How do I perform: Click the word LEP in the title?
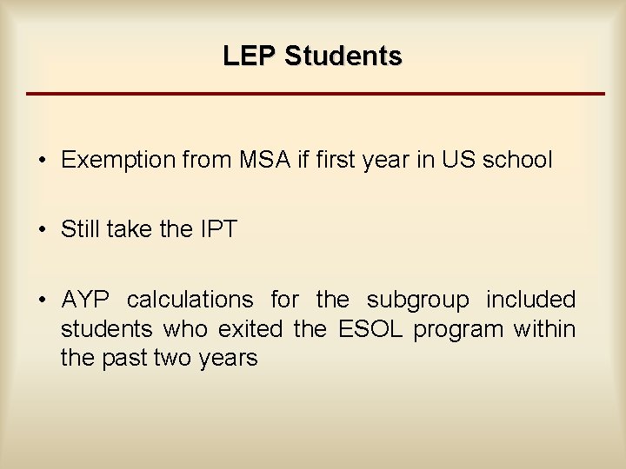tap(249, 56)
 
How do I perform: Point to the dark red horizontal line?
tap(315, 93)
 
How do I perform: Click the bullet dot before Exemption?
tap(42, 161)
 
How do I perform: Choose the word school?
tap(518, 161)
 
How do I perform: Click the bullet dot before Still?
tap(42, 230)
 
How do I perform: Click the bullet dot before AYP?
tap(42, 301)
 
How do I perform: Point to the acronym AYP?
tap(86, 301)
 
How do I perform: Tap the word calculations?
tap(190, 301)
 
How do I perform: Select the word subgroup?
tap(417, 301)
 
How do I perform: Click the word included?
tap(530, 301)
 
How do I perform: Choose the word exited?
tap(252, 329)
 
